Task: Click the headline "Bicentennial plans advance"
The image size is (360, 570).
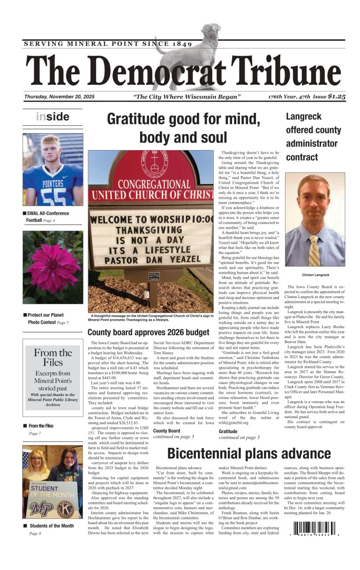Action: [248, 453]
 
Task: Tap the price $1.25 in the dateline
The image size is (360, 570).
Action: [337, 97]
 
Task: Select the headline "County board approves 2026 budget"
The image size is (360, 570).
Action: [148, 332]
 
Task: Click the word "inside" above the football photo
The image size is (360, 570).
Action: [52, 117]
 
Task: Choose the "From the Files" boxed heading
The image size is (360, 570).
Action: [52, 357]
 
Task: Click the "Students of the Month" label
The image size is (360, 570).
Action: [51, 525]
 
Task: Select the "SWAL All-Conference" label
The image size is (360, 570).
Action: [48, 213]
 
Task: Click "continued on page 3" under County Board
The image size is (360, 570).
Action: [173, 436]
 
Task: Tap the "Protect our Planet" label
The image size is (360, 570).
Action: [45, 315]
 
